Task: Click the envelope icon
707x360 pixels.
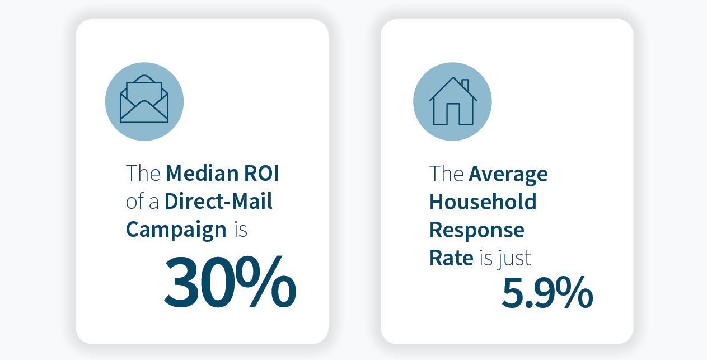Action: [144, 101]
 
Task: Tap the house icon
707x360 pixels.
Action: [452, 101]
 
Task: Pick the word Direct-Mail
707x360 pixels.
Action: [218, 202]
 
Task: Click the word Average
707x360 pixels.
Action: [508, 174]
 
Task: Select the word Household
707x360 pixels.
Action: [483, 202]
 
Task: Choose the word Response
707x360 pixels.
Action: [476, 230]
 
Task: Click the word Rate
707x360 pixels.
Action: [451, 258]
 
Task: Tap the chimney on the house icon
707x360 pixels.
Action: [465, 85]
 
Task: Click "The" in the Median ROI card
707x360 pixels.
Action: [143, 174]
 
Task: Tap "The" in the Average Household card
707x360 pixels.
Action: [447, 174]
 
